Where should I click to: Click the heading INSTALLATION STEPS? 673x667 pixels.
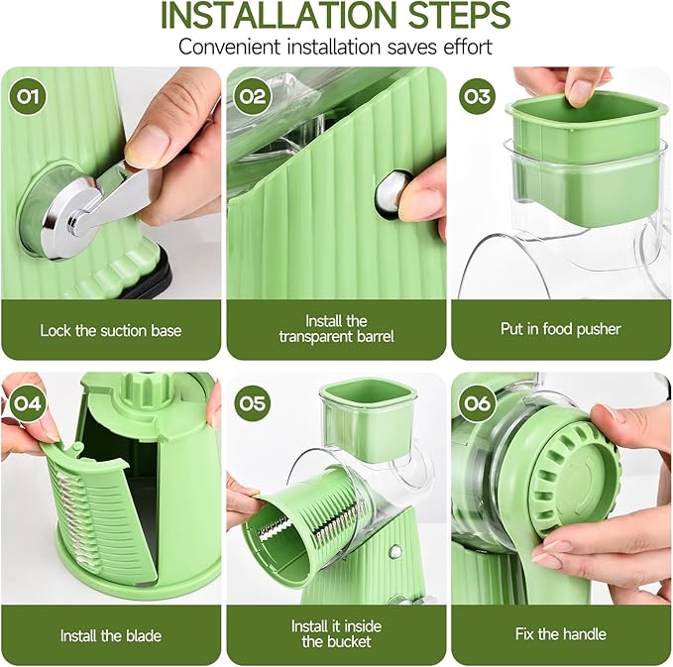click(x=335, y=17)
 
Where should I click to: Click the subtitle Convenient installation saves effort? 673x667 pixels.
click(x=335, y=47)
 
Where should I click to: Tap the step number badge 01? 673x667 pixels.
click(x=26, y=96)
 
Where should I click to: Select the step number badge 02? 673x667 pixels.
click(x=252, y=96)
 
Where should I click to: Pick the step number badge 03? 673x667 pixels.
click(x=478, y=96)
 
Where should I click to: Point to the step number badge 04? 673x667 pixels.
click(x=26, y=402)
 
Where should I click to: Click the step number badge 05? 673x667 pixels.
click(x=252, y=402)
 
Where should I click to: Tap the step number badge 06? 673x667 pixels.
click(x=478, y=402)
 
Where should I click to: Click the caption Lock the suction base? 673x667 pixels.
click(x=111, y=329)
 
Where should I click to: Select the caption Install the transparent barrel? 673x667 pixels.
click(x=336, y=329)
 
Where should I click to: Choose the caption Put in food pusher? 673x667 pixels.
click(x=561, y=329)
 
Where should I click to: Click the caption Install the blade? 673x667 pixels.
click(x=111, y=635)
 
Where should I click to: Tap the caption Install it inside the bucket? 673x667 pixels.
click(x=336, y=634)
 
